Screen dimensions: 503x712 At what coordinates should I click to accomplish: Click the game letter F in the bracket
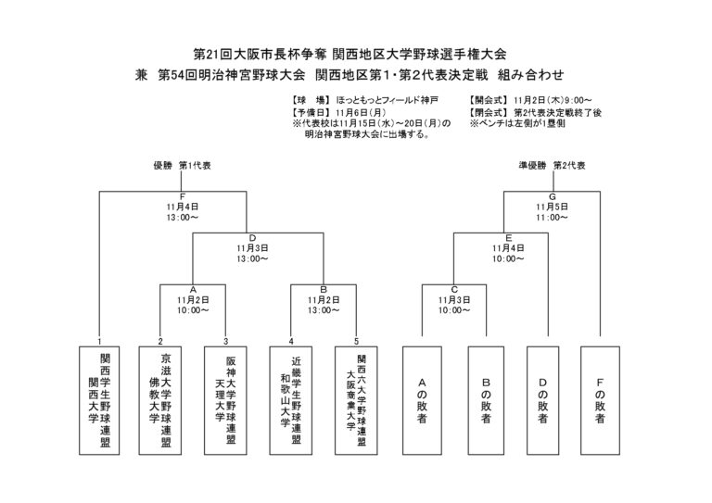pos(184,196)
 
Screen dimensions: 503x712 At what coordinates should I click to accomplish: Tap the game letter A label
pos(193,288)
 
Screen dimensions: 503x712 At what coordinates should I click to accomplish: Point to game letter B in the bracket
pos(324,288)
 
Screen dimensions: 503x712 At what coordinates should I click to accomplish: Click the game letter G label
pos(552,196)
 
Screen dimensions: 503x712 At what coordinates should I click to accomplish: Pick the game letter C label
pos(454,288)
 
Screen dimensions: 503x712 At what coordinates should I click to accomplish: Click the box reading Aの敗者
pos(423,399)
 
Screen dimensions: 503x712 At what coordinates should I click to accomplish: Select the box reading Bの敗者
pos(486,399)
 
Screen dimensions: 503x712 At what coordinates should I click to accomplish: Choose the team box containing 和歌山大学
pos(291,399)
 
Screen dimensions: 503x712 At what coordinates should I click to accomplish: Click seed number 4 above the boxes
pos(291,340)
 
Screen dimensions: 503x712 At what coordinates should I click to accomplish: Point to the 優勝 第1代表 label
pos(182,164)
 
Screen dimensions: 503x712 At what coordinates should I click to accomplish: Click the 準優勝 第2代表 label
pos(552,164)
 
